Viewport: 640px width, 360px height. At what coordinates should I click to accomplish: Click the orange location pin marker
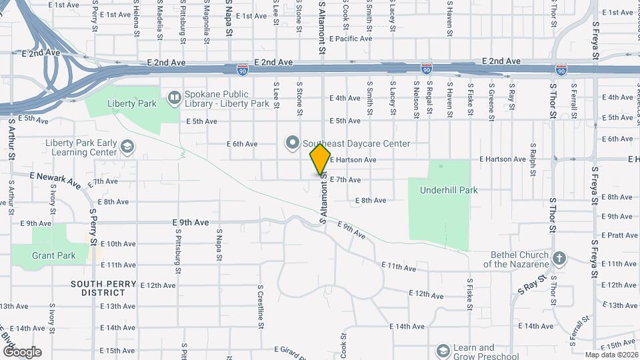321,159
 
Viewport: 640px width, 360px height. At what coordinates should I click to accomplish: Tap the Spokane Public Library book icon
174,98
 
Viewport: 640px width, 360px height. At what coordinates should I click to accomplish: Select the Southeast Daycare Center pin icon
292,143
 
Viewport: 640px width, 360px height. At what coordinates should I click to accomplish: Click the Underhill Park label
449,190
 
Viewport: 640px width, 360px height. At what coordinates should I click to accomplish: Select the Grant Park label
54,255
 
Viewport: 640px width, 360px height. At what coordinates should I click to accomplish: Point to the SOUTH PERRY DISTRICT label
103,288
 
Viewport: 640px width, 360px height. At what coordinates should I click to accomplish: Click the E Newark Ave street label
55,179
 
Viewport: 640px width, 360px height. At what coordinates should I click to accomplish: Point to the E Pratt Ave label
619,235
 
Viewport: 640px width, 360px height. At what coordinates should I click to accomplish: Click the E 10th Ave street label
121,244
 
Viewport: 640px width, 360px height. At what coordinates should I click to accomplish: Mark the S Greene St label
491,101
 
